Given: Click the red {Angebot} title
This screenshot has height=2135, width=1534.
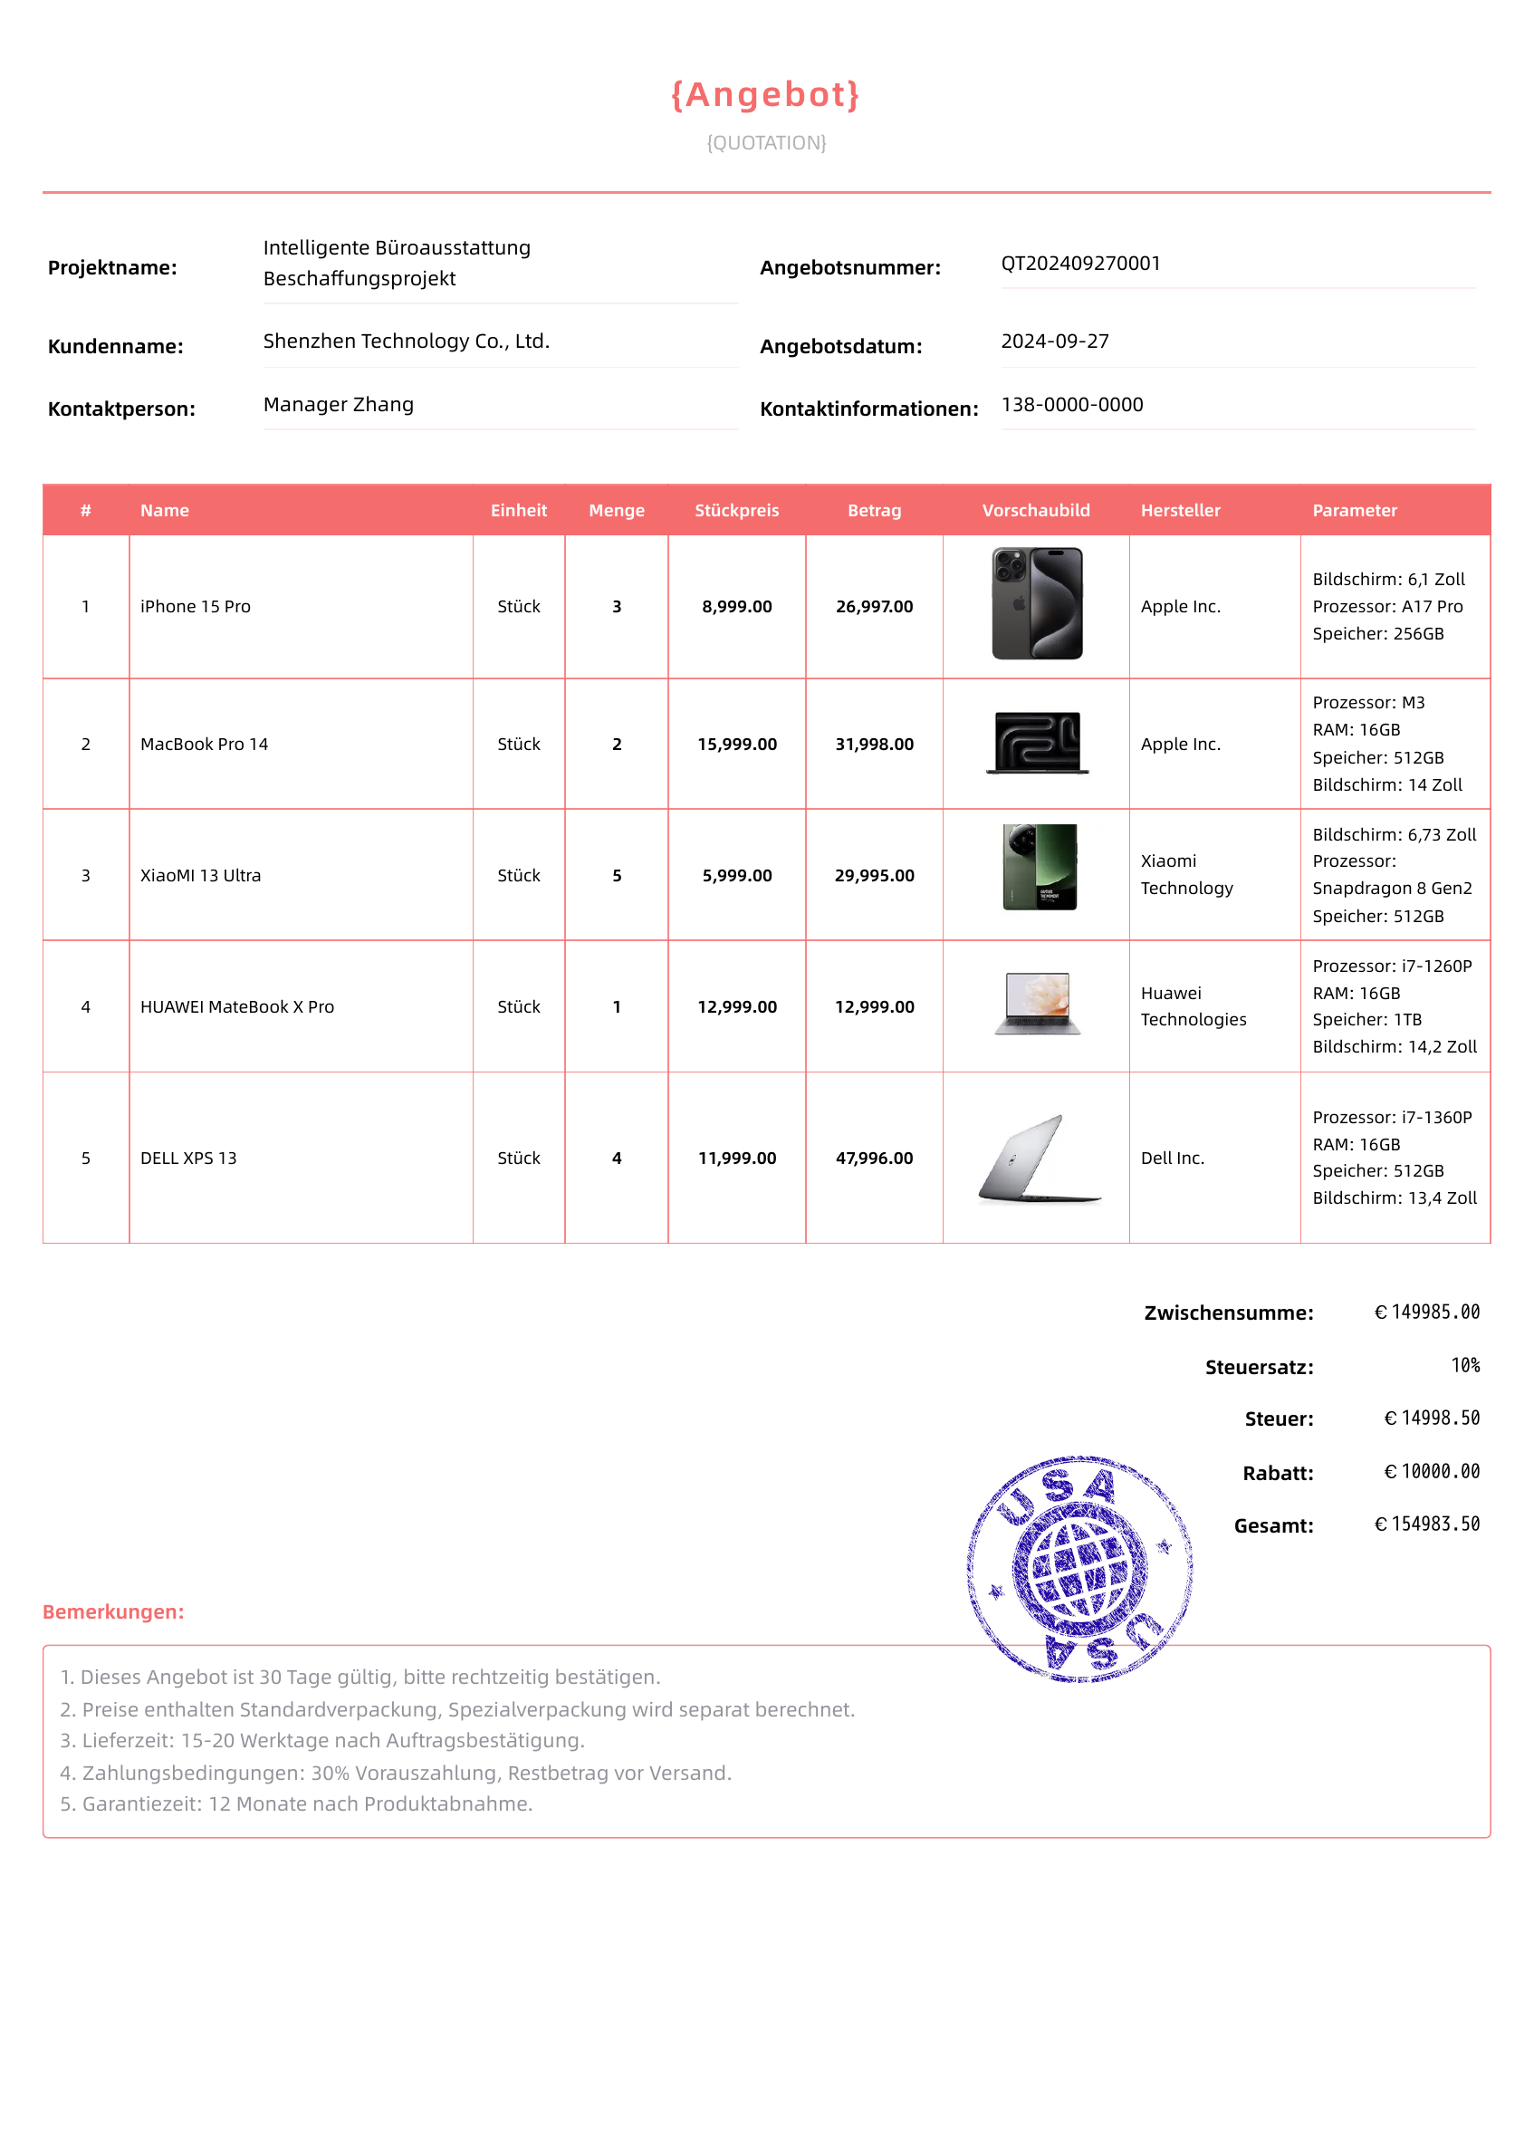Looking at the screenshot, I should point(765,95).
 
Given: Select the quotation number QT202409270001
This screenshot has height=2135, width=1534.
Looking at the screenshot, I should point(1080,264).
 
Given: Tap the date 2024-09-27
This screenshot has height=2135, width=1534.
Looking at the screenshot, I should point(1055,341).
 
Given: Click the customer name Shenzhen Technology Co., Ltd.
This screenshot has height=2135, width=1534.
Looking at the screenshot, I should point(406,341).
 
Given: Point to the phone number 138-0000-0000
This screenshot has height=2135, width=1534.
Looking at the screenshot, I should point(1072,405).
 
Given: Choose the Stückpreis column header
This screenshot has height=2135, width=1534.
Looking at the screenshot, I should point(737,510).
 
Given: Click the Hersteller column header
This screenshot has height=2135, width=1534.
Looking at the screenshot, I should point(1180,510).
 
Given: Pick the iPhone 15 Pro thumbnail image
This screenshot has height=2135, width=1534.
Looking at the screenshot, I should point(1037,603).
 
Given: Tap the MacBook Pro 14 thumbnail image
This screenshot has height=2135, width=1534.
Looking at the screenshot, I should point(1037,743).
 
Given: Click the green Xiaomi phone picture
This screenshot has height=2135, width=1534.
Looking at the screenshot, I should point(1039,867).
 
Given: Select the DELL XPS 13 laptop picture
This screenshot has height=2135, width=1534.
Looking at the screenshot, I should point(1038,1159).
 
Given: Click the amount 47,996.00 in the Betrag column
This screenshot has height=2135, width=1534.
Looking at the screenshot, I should point(874,1159).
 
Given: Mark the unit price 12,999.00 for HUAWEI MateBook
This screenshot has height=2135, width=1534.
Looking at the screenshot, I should point(737,1007).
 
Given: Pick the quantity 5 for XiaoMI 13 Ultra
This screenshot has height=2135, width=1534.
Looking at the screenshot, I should point(617,875).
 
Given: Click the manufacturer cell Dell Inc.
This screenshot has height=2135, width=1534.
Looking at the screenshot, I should point(1173,1159).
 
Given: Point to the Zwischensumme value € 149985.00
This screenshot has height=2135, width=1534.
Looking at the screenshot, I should point(1427,1313).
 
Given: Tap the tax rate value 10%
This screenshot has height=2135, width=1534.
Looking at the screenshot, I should point(1465,1366).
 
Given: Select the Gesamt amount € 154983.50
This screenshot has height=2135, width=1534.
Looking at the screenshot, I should point(1427,1524).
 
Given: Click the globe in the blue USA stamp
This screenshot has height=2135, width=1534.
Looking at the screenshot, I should point(1079,1569).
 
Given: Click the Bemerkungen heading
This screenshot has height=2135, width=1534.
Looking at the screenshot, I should point(113,1611).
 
